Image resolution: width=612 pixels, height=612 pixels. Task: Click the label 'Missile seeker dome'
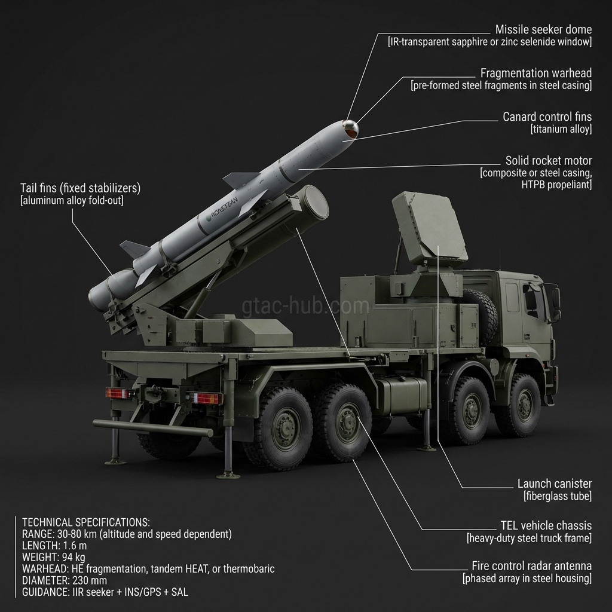click(x=543, y=30)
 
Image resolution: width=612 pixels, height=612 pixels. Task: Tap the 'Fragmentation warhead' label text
click(x=536, y=74)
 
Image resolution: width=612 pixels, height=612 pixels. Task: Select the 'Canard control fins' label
click(x=547, y=117)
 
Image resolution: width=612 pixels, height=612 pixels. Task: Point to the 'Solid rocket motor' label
click(x=549, y=161)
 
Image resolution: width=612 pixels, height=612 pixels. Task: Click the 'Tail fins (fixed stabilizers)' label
click(x=81, y=188)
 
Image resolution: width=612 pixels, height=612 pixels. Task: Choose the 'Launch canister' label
click(x=555, y=484)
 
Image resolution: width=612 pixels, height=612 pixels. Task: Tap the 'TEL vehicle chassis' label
click(x=546, y=526)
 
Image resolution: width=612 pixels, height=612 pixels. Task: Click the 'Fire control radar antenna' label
click(x=531, y=566)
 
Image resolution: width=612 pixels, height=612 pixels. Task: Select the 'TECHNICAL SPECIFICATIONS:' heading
click(x=86, y=522)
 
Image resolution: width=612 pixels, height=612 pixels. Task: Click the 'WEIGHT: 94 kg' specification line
click(x=53, y=558)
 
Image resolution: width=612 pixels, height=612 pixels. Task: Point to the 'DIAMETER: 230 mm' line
click(x=65, y=581)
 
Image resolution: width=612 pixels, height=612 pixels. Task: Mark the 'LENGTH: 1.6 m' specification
click(x=54, y=546)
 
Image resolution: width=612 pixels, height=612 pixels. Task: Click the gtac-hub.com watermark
click(x=305, y=305)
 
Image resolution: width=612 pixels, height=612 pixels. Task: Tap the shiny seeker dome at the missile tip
click(x=351, y=128)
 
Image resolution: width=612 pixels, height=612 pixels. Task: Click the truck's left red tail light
click(x=118, y=393)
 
